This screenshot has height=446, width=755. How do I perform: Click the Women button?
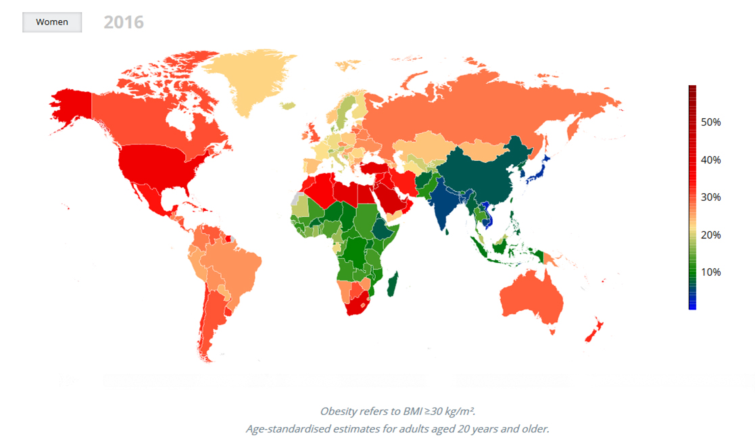pyautogui.click(x=52, y=22)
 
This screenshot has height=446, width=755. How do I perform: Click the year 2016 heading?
pyautogui.click(x=124, y=22)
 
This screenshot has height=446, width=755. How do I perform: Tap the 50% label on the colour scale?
pyautogui.click(x=710, y=122)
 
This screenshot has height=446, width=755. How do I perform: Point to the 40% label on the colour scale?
pyautogui.click(x=710, y=160)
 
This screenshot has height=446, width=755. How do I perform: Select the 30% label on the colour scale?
pyautogui.click(x=710, y=197)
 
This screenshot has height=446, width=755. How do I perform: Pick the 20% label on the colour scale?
pyautogui.click(x=710, y=235)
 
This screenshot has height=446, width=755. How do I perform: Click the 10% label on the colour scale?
pyautogui.click(x=710, y=272)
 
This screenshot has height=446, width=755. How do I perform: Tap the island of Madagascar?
pyautogui.click(x=392, y=284)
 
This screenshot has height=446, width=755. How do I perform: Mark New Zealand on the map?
pyautogui.click(x=595, y=331)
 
